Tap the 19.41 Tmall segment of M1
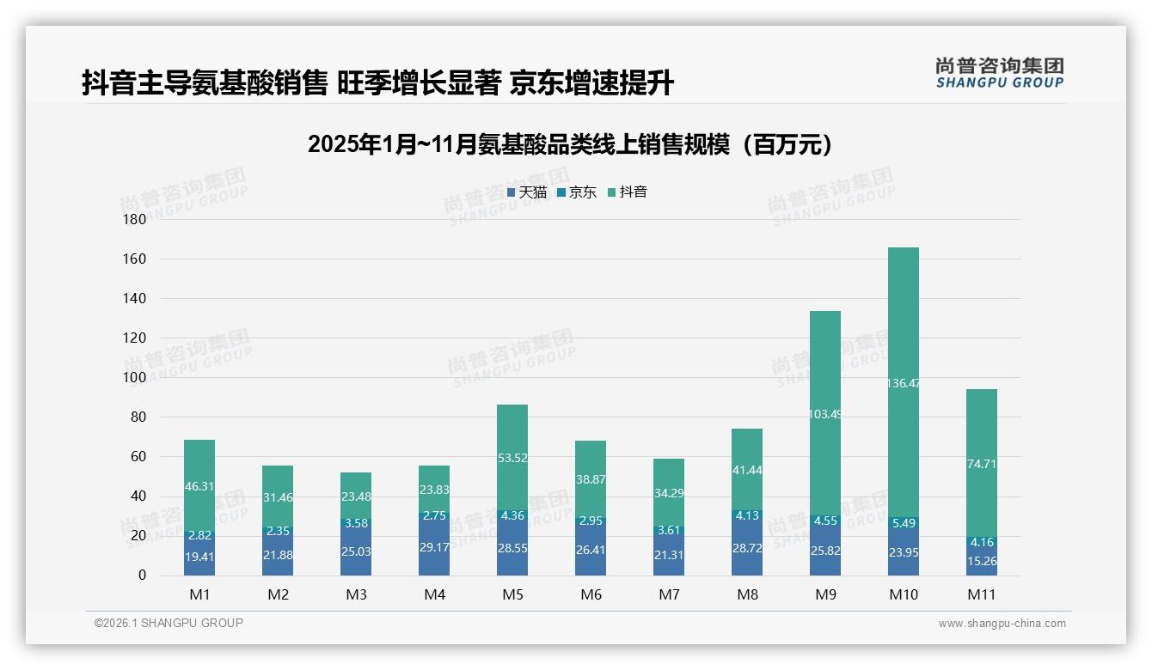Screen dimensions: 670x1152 (199, 557)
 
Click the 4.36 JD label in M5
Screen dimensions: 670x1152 (512, 515)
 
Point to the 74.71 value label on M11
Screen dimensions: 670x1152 (982, 488)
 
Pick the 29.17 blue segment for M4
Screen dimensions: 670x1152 (434, 546)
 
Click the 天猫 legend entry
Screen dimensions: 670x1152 (526, 192)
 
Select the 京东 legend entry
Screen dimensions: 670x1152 (577, 192)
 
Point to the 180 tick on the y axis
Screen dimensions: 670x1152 (135, 219)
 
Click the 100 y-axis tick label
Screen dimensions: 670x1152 (135, 377)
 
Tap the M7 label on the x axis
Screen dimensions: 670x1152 (669, 594)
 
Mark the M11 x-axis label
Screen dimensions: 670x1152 (982, 594)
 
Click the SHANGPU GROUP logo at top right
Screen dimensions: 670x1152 (999, 73)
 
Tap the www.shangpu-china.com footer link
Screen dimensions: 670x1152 (1002, 624)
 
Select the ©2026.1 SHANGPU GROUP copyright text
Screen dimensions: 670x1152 (169, 623)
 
